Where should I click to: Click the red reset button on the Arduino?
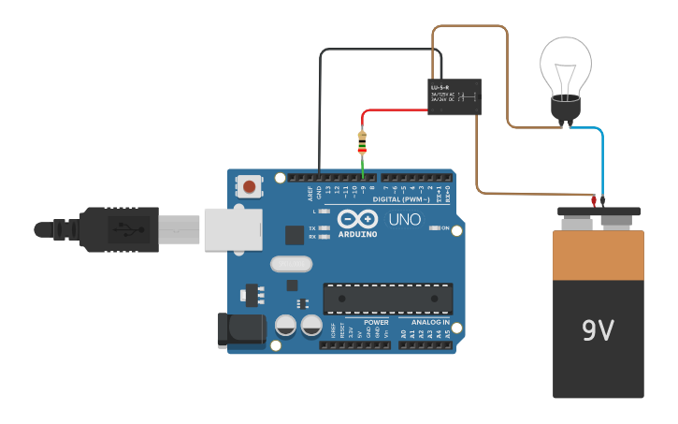click(x=250, y=186)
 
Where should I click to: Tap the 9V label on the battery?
click(x=598, y=330)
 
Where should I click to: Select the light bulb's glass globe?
click(x=565, y=66)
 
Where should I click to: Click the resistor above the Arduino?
click(x=363, y=143)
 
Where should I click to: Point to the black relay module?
click(x=454, y=96)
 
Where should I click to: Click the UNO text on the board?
click(x=404, y=220)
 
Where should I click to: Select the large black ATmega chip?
click(x=387, y=298)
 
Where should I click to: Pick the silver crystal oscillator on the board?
click(x=291, y=264)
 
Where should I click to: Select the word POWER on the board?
click(x=376, y=322)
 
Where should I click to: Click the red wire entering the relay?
click(x=393, y=110)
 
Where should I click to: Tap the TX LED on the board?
click(x=323, y=227)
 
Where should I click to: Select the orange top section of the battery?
click(x=598, y=256)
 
